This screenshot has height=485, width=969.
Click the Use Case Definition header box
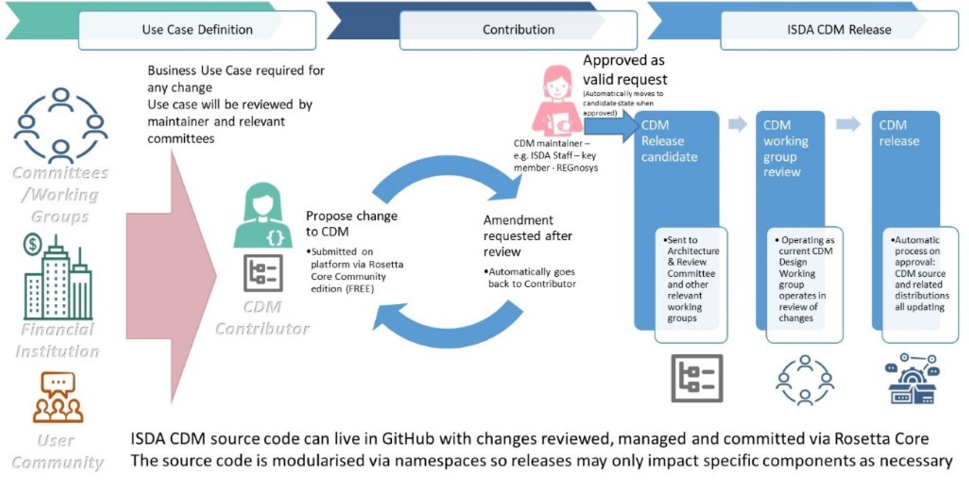click(197, 30)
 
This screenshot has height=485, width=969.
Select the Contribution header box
click(518, 30)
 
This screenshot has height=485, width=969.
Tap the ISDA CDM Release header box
click(839, 30)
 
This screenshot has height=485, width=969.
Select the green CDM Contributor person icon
click(263, 217)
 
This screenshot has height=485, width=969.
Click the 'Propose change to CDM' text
click(351, 224)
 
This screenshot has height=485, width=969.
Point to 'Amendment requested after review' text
click(527, 235)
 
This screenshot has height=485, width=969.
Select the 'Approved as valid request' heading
click(625, 70)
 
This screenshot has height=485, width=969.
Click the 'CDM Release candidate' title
click(668, 141)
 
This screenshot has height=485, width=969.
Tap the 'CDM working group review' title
click(785, 148)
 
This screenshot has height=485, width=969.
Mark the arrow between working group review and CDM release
click(848, 124)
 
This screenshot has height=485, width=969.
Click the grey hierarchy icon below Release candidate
click(696, 378)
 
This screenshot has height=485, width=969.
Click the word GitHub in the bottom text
click(408, 439)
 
